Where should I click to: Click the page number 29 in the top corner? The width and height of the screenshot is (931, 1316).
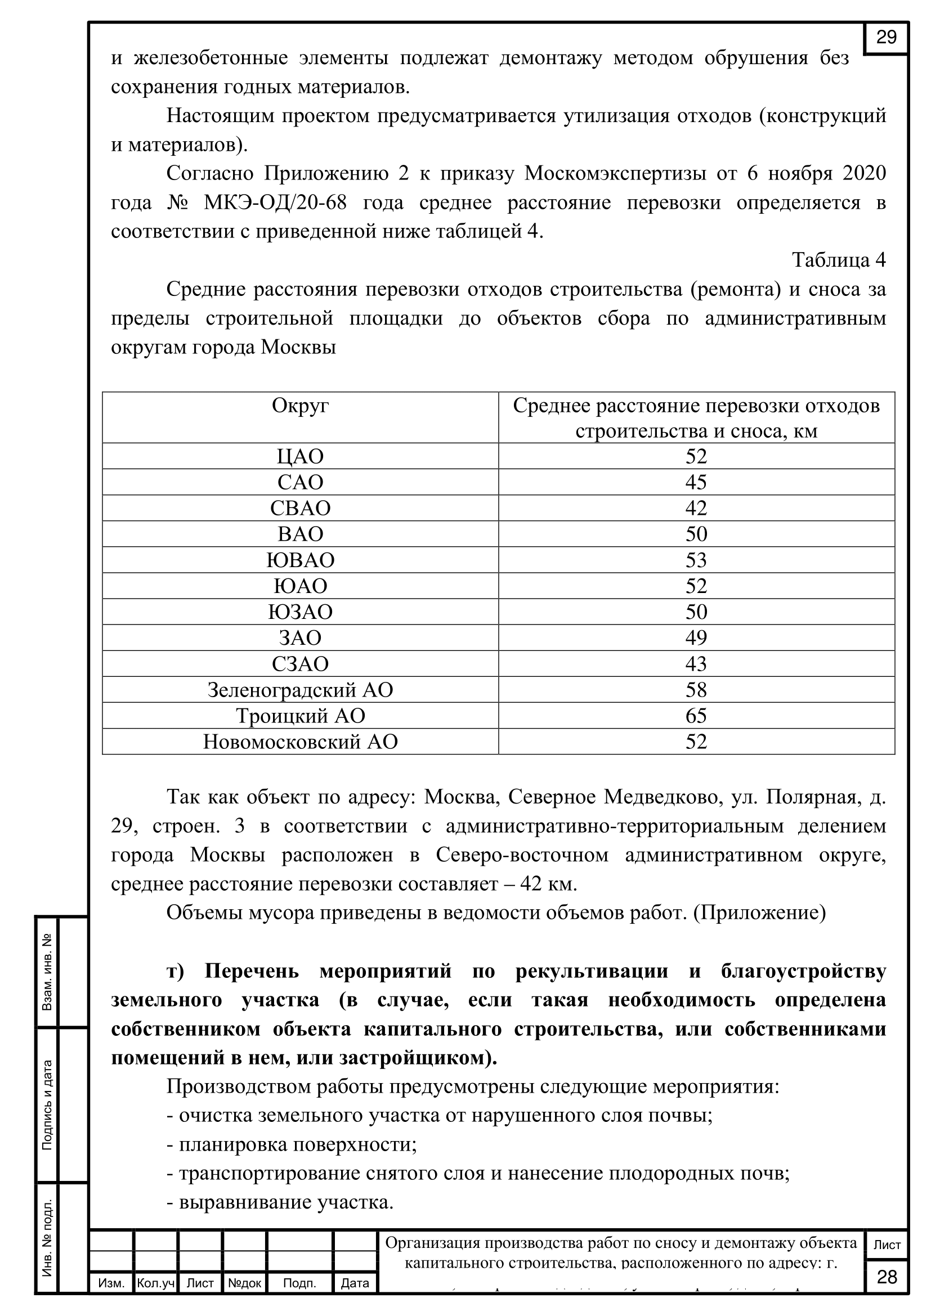pyautogui.click(x=886, y=38)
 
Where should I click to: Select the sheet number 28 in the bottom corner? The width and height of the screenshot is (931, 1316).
pyautogui.click(x=887, y=1277)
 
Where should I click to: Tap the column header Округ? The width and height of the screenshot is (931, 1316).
pyautogui.click(x=300, y=406)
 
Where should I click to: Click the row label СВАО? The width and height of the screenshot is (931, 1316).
pyautogui.click(x=301, y=509)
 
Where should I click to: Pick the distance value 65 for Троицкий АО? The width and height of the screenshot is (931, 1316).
pyautogui.click(x=696, y=716)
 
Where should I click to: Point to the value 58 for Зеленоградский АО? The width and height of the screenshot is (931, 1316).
pyautogui.click(x=696, y=690)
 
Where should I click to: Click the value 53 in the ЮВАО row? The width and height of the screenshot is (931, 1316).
pyautogui.click(x=696, y=560)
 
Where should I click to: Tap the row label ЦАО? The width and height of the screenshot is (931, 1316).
pyautogui.click(x=301, y=457)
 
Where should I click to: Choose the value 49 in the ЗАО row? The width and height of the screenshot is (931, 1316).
pyautogui.click(x=696, y=638)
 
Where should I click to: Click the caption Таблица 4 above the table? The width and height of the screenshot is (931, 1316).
pyautogui.click(x=839, y=260)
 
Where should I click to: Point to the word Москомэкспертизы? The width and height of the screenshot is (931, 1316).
pyautogui.click(x=615, y=173)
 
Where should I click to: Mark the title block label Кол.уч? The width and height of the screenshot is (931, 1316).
pyautogui.click(x=155, y=1283)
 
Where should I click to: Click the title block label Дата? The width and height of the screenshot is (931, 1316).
pyautogui.click(x=355, y=1283)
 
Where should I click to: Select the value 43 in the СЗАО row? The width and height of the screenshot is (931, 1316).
pyautogui.click(x=696, y=664)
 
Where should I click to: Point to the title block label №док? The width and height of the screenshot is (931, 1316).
pyautogui.click(x=245, y=1283)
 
